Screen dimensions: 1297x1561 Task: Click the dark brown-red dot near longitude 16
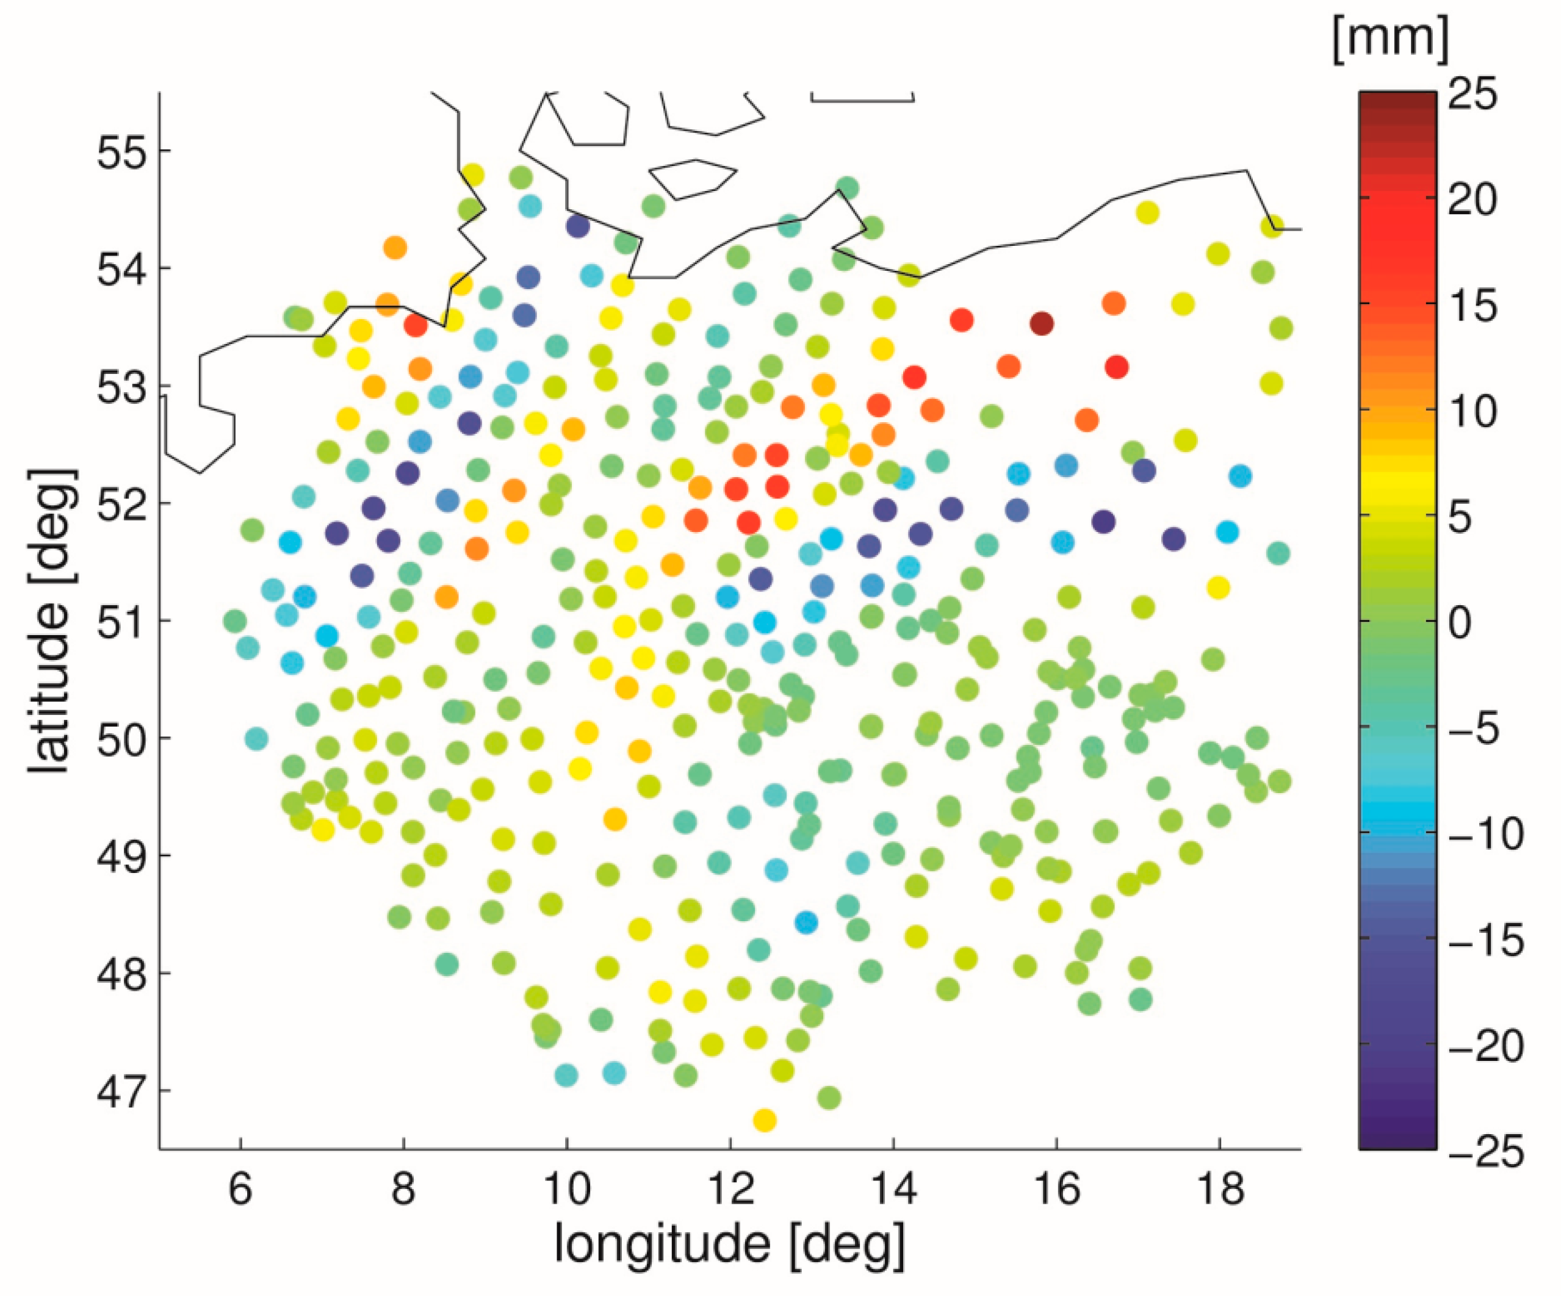point(1042,323)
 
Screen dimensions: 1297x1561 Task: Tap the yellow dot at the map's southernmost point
point(765,1120)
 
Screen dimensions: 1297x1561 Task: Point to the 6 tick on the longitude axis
point(240,1189)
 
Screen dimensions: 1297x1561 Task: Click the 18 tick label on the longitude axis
point(1220,1189)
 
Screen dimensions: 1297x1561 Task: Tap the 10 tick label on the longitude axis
point(566,1189)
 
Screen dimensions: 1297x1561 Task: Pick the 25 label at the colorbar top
point(1472,95)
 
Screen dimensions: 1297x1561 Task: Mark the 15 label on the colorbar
point(1472,306)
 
